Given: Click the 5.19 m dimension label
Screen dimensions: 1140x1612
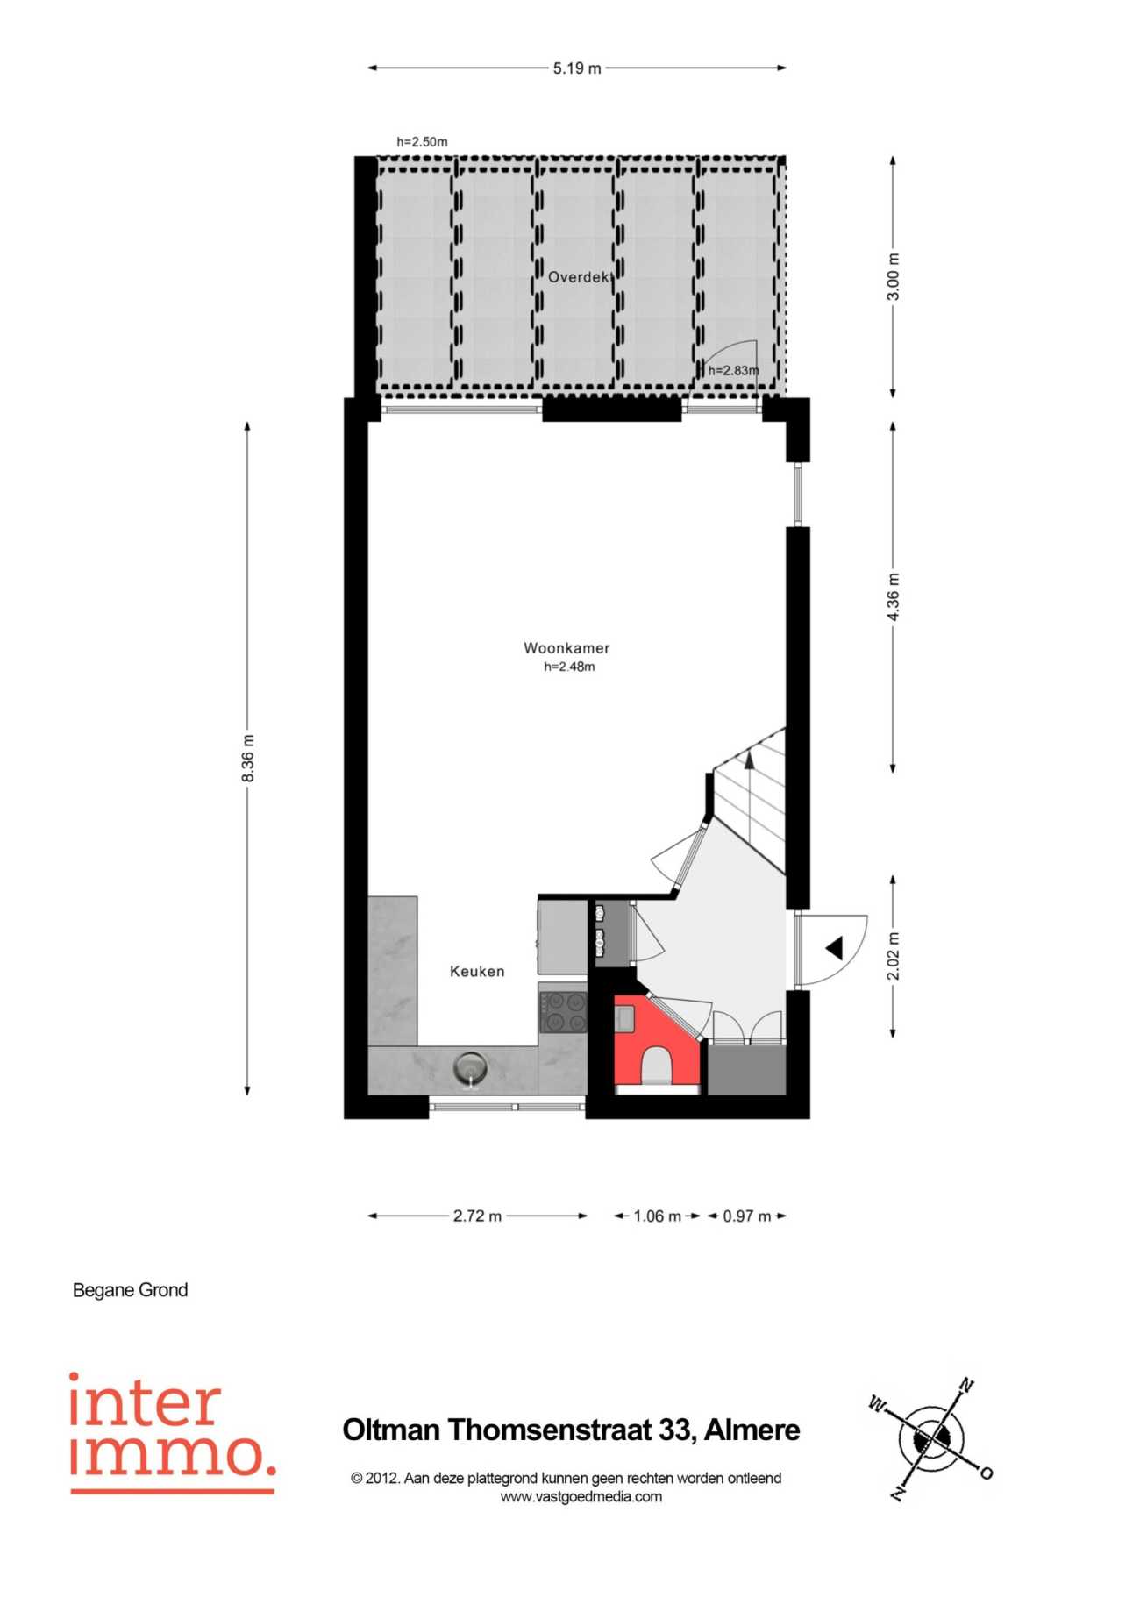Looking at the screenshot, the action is [577, 68].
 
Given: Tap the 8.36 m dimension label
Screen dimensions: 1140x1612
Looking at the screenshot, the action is [248, 759].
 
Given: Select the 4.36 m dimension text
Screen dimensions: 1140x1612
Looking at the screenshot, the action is [893, 596].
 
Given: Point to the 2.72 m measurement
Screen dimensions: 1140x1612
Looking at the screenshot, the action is [477, 1216].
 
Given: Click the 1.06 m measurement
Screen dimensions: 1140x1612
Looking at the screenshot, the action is [657, 1216].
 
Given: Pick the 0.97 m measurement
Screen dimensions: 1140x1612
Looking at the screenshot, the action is [747, 1216].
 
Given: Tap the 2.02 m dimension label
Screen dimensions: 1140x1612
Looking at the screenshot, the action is [893, 956].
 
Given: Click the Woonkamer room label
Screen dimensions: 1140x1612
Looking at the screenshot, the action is [566, 648].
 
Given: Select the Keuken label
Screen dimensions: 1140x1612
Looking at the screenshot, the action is [477, 971].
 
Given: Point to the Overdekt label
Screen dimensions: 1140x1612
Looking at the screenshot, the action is [579, 277].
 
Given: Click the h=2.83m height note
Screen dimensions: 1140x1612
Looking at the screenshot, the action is [734, 370].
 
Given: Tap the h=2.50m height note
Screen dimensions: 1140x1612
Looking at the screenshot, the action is [422, 141].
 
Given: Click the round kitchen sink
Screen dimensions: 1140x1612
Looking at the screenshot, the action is [471, 1069].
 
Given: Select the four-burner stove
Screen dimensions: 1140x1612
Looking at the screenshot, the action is [563, 1011].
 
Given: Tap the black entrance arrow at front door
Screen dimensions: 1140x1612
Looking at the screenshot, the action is [834, 948].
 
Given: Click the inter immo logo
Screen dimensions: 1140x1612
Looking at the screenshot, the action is [173, 1434].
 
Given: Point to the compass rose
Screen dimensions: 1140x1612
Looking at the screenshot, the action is [931, 1438].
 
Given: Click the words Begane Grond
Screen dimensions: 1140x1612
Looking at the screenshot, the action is [131, 1290].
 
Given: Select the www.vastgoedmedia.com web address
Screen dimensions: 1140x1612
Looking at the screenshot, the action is [581, 1497].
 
